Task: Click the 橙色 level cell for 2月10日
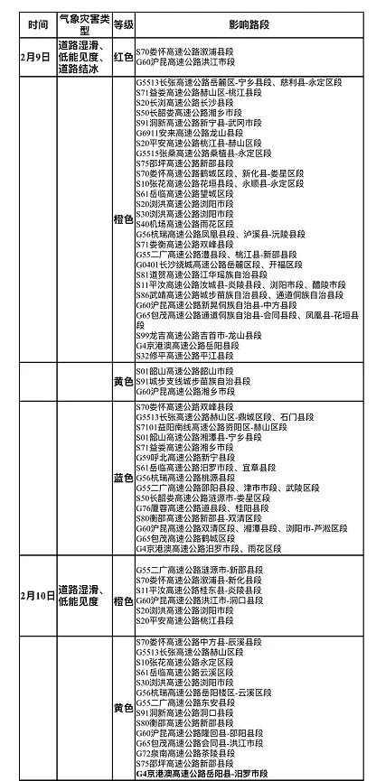(x=124, y=596)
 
